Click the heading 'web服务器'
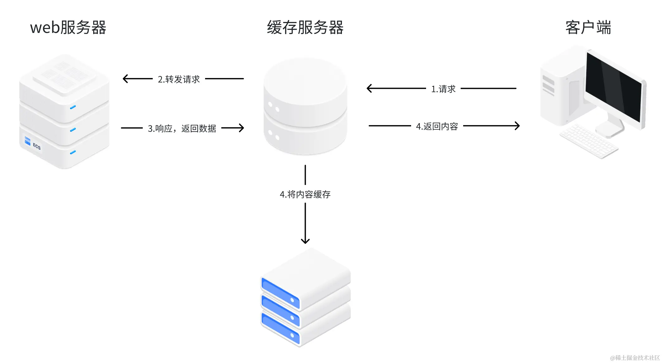(x=68, y=27)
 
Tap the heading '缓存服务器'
(x=305, y=27)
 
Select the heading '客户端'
(x=588, y=27)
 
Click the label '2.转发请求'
(x=179, y=79)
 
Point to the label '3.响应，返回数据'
(x=182, y=128)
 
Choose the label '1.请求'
(x=443, y=89)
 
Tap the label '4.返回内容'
(x=437, y=126)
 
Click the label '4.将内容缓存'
(x=305, y=194)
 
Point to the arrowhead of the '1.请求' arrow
(x=369, y=88)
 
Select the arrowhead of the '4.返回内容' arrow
(x=517, y=126)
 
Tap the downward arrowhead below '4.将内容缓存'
(x=305, y=241)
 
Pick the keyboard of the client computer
(x=588, y=141)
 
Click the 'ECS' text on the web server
(x=37, y=146)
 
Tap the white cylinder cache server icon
(x=305, y=106)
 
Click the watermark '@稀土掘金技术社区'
(x=635, y=358)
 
